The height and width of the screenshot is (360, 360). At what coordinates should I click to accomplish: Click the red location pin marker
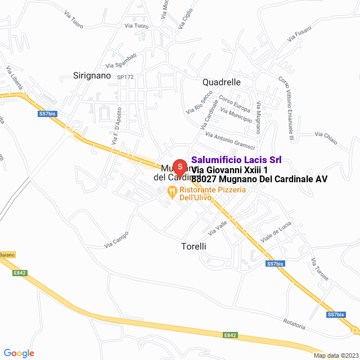pos(179,168)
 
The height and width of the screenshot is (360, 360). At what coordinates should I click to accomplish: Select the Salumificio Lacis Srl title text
pos(236,160)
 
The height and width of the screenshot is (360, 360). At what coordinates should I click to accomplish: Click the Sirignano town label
pos(92,75)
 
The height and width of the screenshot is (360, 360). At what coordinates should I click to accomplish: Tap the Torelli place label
pos(194,246)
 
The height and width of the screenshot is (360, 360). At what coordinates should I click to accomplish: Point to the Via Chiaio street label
pos(326,135)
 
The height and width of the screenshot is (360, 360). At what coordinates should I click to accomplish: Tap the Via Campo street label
pos(116,240)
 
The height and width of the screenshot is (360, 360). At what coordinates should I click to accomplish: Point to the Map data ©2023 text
pos(336,355)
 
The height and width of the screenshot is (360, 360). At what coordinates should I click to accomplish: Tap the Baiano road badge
pos(7,255)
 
